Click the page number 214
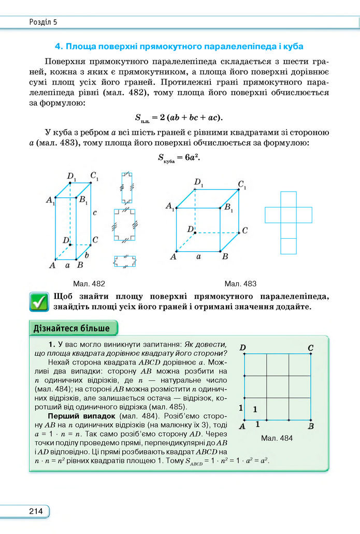pos(36,511)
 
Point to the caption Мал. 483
pos(240,283)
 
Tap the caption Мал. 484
pos(277,438)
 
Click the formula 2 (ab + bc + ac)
pos(180,117)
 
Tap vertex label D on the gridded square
pos(242,347)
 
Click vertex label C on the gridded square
pos(310,347)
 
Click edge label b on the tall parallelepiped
pos(88,255)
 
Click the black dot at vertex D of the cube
pos(195,233)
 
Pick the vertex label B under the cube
pos(225,256)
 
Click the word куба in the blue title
pos(293,47)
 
